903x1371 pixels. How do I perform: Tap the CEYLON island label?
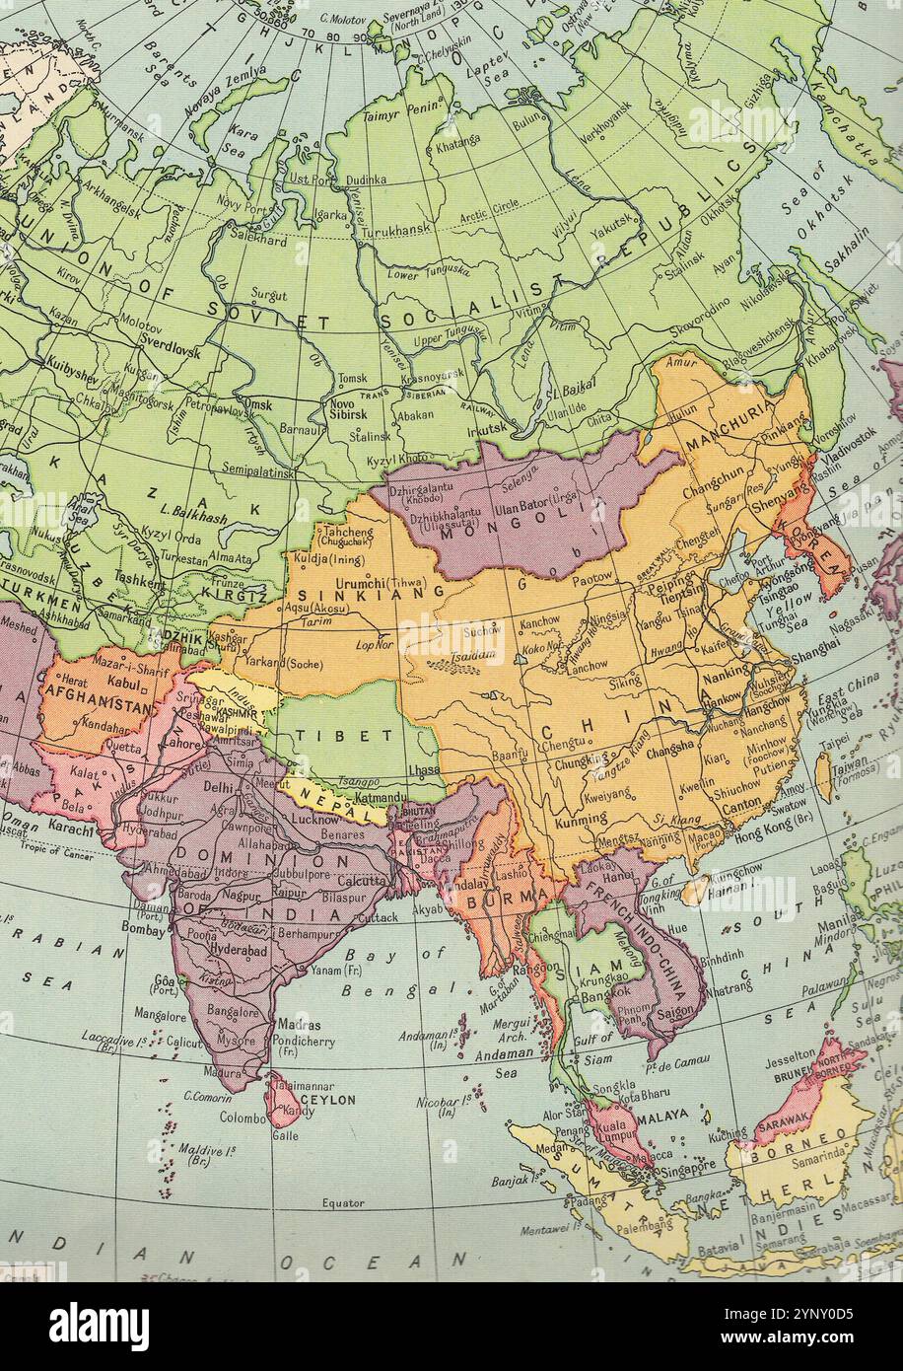[327, 1098]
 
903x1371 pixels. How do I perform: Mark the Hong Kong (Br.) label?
[777, 831]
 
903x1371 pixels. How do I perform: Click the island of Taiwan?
[824, 775]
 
